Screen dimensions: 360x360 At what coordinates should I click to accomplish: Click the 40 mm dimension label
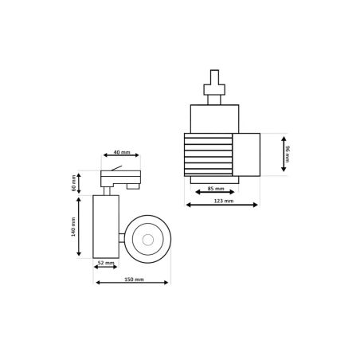tap(122, 152)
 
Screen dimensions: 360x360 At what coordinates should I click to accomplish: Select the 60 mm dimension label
tap(73, 183)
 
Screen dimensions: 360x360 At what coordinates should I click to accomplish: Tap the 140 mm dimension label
tap(73, 226)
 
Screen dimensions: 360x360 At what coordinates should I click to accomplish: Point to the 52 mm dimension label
tap(106, 263)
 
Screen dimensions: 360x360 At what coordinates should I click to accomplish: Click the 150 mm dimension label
tap(134, 280)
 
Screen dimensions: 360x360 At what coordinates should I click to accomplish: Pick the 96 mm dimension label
tap(288, 154)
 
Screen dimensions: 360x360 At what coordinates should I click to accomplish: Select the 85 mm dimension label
tap(216, 189)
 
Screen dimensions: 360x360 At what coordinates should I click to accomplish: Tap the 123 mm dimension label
tap(224, 201)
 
